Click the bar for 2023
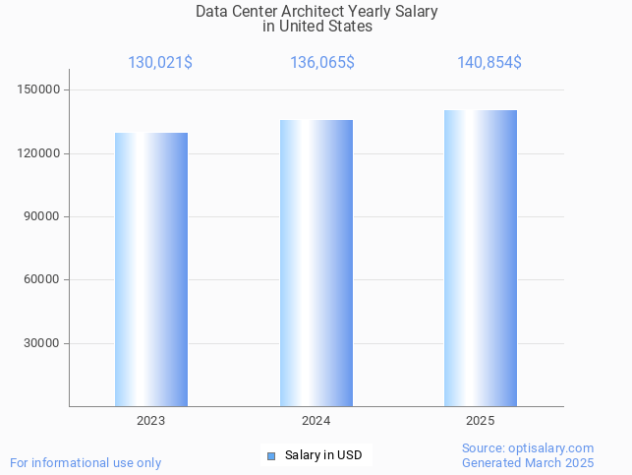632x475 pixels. click(x=151, y=269)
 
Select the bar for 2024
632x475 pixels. click(x=316, y=264)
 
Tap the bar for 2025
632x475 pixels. click(x=481, y=259)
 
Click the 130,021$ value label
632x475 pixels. click(x=160, y=63)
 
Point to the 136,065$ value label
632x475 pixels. click(x=322, y=63)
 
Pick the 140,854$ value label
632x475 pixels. click(x=489, y=63)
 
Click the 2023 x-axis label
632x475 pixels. click(x=151, y=421)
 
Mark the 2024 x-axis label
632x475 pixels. click(x=316, y=421)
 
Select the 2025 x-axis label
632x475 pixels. click(x=481, y=421)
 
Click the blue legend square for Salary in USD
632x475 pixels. click(x=271, y=455)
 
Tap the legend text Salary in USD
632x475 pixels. click(x=323, y=455)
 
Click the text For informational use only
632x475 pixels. click(x=86, y=463)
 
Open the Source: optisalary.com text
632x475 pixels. click(x=528, y=448)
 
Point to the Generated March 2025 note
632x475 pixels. click(x=528, y=463)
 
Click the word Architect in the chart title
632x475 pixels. click(x=314, y=12)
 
